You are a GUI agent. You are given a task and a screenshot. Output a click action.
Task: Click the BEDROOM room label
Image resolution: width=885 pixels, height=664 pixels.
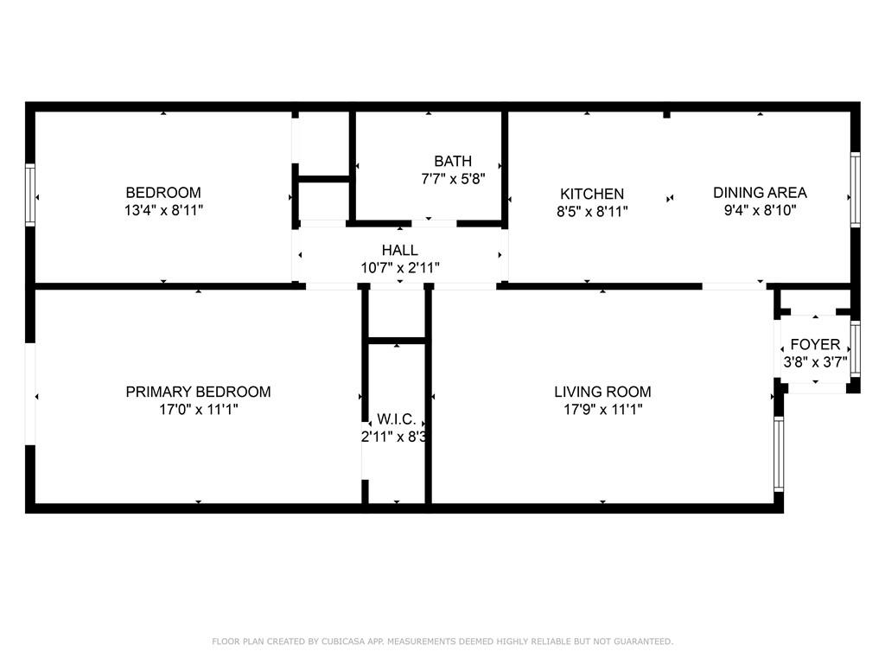(163, 193)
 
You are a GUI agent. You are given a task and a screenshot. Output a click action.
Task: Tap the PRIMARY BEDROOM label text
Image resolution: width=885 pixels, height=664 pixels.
(198, 392)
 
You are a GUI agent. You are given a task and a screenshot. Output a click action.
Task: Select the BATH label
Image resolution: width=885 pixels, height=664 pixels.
(453, 161)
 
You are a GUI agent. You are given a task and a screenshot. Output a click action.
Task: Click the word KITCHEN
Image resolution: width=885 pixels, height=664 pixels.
(592, 195)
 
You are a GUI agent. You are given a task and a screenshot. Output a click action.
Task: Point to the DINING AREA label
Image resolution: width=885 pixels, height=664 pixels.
(760, 193)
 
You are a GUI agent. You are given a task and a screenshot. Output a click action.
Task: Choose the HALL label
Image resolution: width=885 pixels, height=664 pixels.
(400, 251)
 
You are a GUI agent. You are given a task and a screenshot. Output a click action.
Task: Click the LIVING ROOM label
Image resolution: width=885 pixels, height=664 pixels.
(602, 392)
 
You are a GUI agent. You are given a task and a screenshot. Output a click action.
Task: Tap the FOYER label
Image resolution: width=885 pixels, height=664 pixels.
(815, 345)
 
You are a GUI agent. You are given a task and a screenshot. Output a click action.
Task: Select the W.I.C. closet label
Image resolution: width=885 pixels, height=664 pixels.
(397, 419)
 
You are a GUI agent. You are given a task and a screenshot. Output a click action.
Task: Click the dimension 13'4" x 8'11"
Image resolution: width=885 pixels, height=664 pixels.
(163, 210)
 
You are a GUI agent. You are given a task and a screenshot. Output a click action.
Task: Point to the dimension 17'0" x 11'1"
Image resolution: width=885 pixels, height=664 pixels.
(198, 409)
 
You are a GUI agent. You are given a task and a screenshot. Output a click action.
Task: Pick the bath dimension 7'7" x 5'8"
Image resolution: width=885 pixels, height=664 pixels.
(453, 178)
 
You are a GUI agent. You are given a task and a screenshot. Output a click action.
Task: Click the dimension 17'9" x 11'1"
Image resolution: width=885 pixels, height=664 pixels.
(602, 409)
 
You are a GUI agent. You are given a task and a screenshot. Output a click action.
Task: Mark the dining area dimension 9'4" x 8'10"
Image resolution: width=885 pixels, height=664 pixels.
(760, 210)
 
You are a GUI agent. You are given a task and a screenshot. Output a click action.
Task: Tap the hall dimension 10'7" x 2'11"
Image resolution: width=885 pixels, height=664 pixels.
(400, 268)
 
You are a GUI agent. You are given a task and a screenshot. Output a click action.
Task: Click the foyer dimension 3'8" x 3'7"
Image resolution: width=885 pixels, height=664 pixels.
(815, 362)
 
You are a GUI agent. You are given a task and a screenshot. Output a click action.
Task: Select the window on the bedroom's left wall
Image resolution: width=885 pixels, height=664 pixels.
(29, 195)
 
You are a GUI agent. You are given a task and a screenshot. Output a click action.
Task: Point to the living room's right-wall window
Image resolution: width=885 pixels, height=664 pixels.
(778, 454)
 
